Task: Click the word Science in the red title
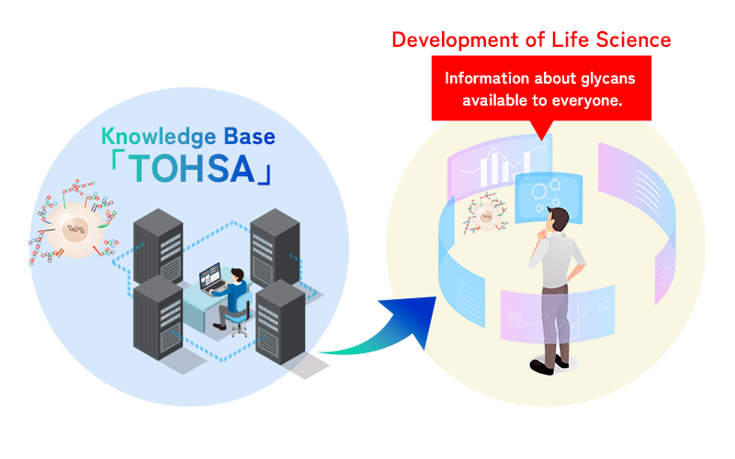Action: (x=637, y=39)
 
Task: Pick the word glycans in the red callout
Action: (x=605, y=78)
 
